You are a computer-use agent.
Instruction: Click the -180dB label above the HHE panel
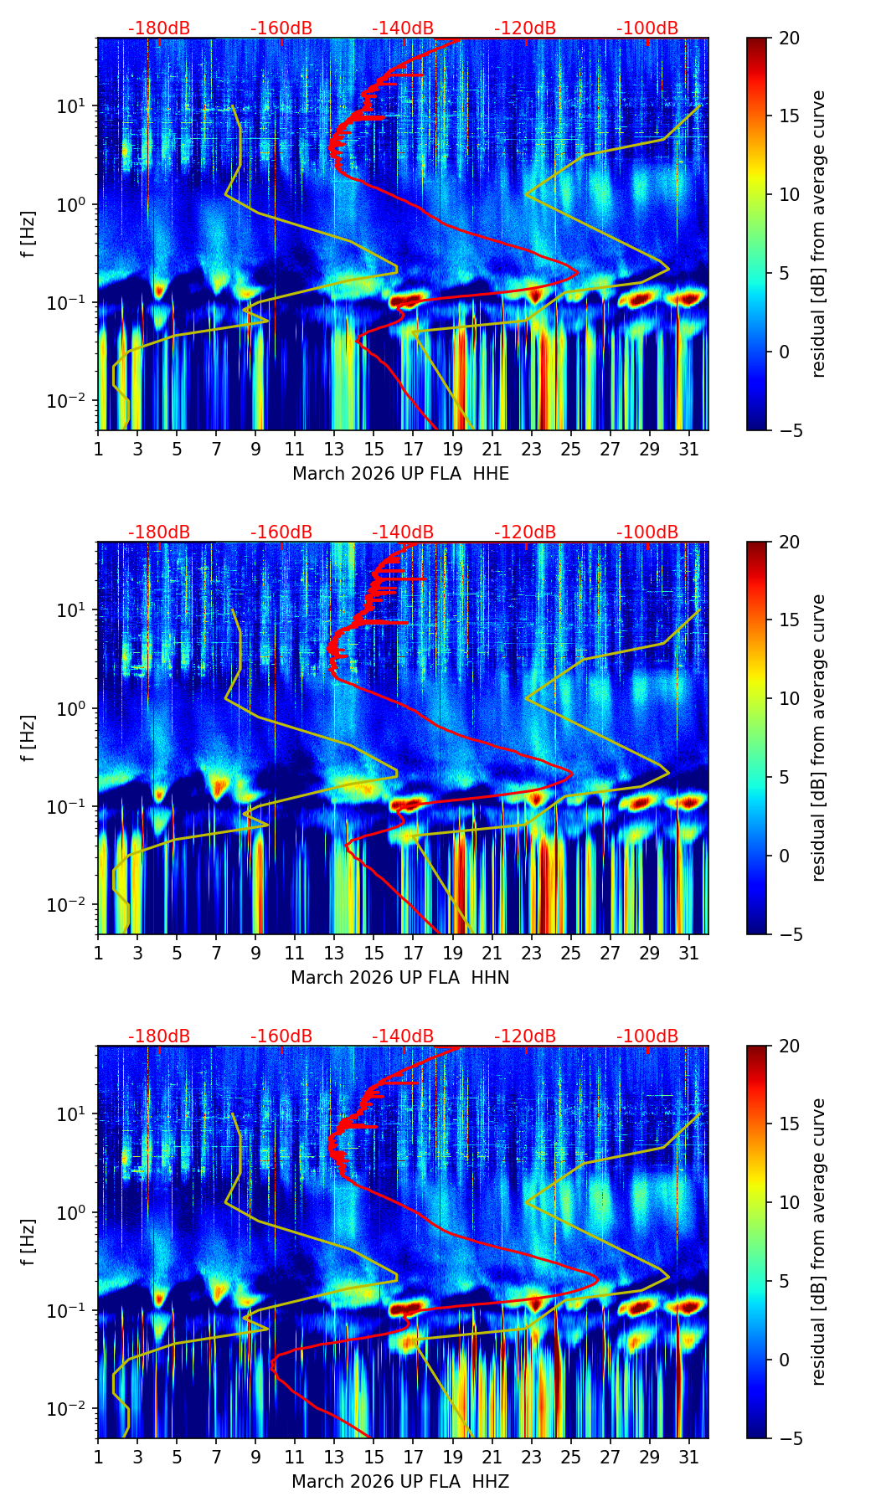(x=159, y=28)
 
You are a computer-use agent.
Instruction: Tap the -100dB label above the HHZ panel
(x=647, y=1036)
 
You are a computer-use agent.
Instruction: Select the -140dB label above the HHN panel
(x=403, y=532)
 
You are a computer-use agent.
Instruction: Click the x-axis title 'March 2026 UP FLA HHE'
(x=400, y=474)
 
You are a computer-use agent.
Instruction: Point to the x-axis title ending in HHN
(x=400, y=978)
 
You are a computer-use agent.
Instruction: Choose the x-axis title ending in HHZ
(x=400, y=1482)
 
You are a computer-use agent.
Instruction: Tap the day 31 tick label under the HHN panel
(x=689, y=953)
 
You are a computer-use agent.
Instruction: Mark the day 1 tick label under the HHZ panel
(x=98, y=1457)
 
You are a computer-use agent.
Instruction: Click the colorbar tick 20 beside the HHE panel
(x=789, y=38)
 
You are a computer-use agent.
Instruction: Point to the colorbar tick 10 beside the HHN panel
(x=789, y=698)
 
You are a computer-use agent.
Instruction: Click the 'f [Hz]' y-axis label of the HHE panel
(x=28, y=234)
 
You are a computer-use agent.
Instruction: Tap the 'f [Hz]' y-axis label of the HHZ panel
(x=28, y=1242)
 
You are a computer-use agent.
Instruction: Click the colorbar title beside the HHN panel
(x=819, y=738)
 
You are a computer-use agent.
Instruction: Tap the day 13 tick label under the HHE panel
(x=334, y=449)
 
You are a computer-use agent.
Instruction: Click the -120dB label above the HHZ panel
(x=525, y=1036)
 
